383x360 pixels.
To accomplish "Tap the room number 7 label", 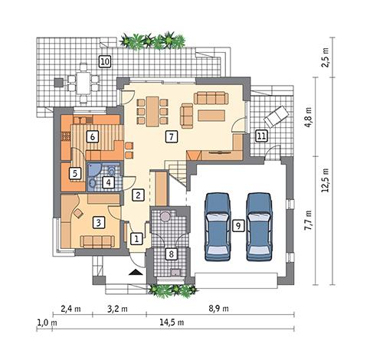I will [x=172, y=136].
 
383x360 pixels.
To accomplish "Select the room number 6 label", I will [x=92, y=137].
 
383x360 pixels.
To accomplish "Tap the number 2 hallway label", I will [x=137, y=195].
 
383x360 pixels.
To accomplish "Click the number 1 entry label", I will [x=136, y=239].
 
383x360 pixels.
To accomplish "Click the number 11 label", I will [x=261, y=136].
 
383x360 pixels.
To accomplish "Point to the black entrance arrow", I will [x=135, y=271].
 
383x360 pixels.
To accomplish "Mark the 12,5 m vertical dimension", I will [x=324, y=180].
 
